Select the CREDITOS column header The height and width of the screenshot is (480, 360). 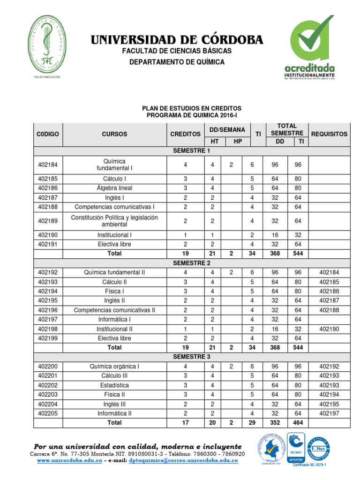pos(185,134)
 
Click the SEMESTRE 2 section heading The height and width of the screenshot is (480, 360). pos(191,263)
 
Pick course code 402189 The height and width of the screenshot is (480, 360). pos(48,221)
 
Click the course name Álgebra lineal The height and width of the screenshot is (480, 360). pos(114,188)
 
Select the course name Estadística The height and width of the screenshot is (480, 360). pos(114,385)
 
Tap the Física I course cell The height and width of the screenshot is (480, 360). pos(114,291)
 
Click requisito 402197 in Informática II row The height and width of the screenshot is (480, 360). pos(329,413)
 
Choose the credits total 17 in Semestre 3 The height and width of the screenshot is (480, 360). pos(185,422)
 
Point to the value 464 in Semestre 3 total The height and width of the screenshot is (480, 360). pos(298,422)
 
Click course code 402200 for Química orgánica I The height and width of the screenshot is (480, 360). pos(48,366)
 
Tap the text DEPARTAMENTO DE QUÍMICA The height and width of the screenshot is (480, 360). pos(177,62)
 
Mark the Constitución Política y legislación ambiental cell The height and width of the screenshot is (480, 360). pos(114,221)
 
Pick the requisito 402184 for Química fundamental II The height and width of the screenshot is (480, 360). pos(329,272)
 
